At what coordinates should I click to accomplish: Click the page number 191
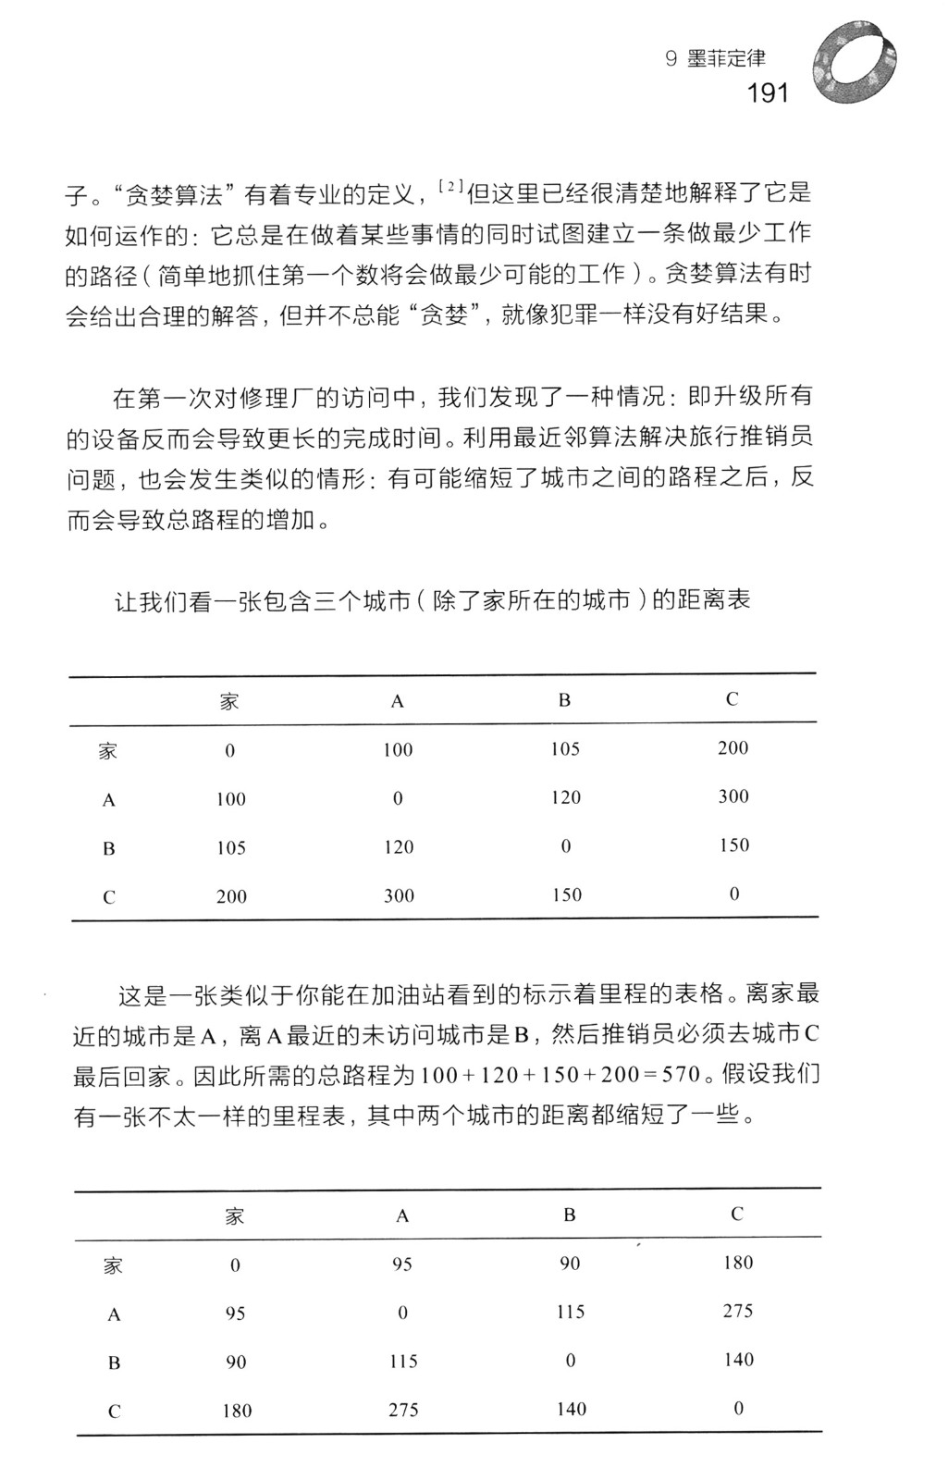767,92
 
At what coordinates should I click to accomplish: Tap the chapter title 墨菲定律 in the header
727,58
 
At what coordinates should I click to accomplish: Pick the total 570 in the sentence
682,1077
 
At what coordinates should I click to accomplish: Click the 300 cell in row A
733,796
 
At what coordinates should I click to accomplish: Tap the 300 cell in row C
399,895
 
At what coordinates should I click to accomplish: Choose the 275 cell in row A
738,1311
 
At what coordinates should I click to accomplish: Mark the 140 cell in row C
571,1409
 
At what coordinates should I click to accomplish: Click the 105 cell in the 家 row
565,748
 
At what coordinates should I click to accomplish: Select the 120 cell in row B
399,846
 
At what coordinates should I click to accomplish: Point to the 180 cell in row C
236,1411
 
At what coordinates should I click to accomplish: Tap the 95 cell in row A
235,1313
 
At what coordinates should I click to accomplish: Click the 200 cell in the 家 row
733,747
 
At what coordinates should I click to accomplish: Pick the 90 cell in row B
235,1362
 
